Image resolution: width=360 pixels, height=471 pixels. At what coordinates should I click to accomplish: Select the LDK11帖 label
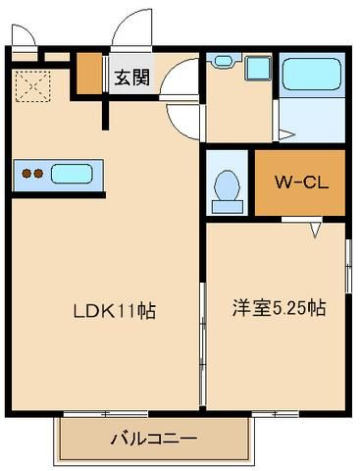(114, 311)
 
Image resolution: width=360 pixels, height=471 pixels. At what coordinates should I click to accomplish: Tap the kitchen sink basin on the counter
(71, 176)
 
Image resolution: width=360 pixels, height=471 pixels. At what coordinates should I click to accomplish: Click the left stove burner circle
(27, 176)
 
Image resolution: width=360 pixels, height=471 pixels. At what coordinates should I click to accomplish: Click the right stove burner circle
(40, 176)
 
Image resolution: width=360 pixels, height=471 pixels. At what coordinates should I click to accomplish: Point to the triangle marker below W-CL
(316, 231)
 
